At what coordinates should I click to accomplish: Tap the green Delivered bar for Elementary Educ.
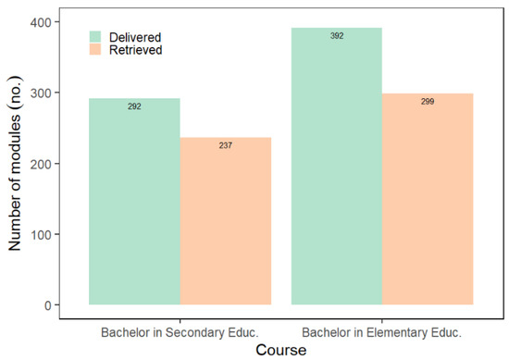coord(336,167)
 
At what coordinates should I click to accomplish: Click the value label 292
coord(134,107)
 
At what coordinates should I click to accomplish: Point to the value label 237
coord(225,146)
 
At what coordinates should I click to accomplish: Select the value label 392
coord(336,36)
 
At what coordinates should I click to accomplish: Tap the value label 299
coord(428,102)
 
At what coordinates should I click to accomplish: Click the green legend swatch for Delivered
coord(97,35)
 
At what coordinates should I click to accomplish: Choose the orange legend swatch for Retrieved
coord(97,51)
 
